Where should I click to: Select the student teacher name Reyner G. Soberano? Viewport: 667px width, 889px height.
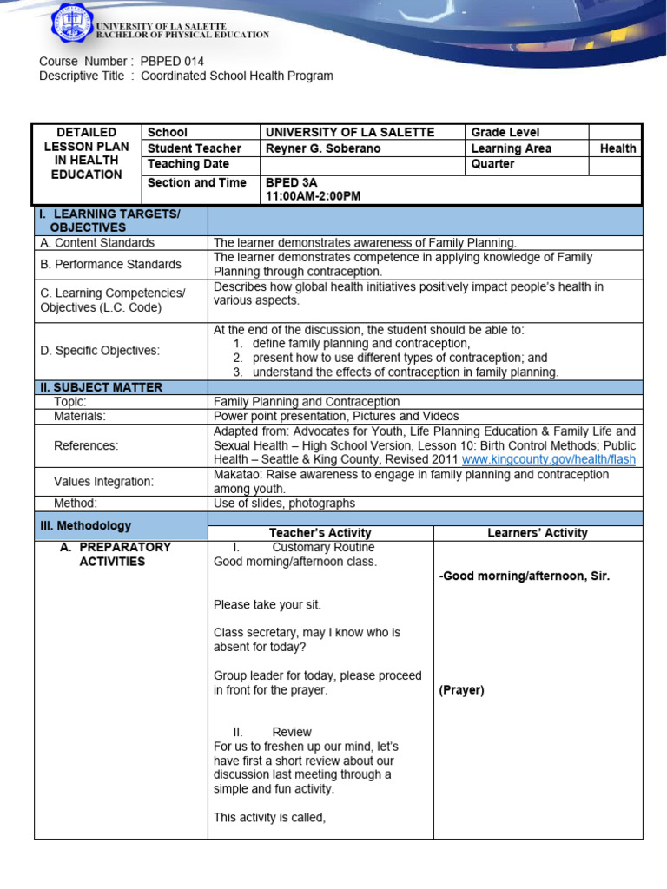[323, 148]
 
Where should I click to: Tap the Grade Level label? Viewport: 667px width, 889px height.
[505, 132]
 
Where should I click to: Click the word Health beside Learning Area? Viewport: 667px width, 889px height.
[617, 148]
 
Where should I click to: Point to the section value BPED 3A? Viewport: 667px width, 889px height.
[292, 182]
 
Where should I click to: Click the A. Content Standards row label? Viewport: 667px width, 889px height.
[97, 243]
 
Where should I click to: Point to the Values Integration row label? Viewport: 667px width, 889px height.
[103, 481]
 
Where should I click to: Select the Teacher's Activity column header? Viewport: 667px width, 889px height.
[320, 533]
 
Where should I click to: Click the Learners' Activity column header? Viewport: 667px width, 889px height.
[538, 533]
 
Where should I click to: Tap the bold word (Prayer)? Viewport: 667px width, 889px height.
[461, 690]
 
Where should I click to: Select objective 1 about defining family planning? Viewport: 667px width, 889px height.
[360, 344]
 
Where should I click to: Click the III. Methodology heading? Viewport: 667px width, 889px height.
[86, 525]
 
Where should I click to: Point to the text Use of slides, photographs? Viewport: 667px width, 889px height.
[284, 504]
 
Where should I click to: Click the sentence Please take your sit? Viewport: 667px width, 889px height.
[261, 604]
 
